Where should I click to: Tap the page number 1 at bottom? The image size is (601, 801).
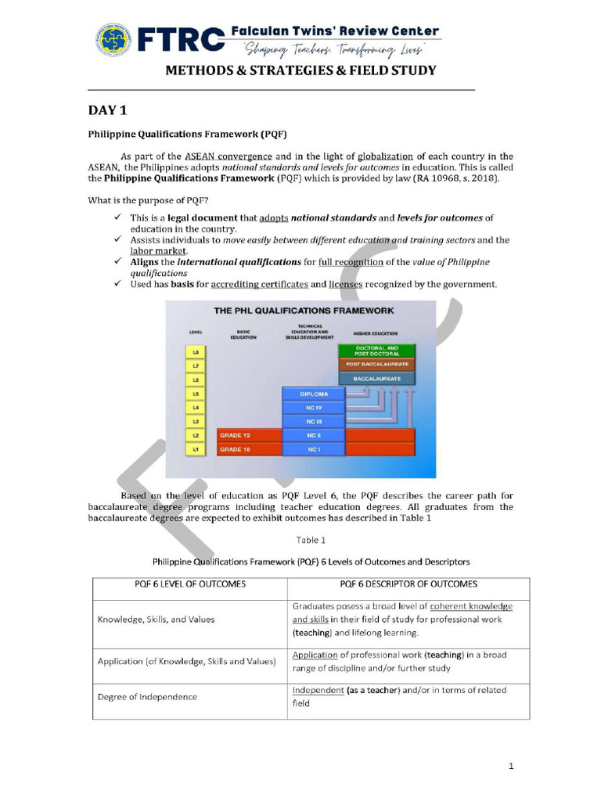coord(510,767)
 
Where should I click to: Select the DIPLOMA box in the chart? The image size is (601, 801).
coord(313,393)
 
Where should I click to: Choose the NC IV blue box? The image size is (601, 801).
coord(313,408)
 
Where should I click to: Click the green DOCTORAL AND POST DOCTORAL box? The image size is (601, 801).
coord(376,350)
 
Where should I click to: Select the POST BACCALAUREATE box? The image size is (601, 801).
coord(376,365)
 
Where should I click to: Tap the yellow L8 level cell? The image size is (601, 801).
coord(196,352)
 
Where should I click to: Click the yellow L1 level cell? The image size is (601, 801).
coord(196,450)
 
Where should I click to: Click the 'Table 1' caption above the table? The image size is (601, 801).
coord(311,540)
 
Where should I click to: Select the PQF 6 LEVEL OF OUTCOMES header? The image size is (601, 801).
coord(189,584)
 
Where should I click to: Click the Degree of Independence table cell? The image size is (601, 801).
coord(147,696)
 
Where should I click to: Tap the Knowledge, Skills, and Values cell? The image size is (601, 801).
coord(156,619)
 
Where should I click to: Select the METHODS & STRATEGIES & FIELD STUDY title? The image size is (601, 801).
coord(300,70)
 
